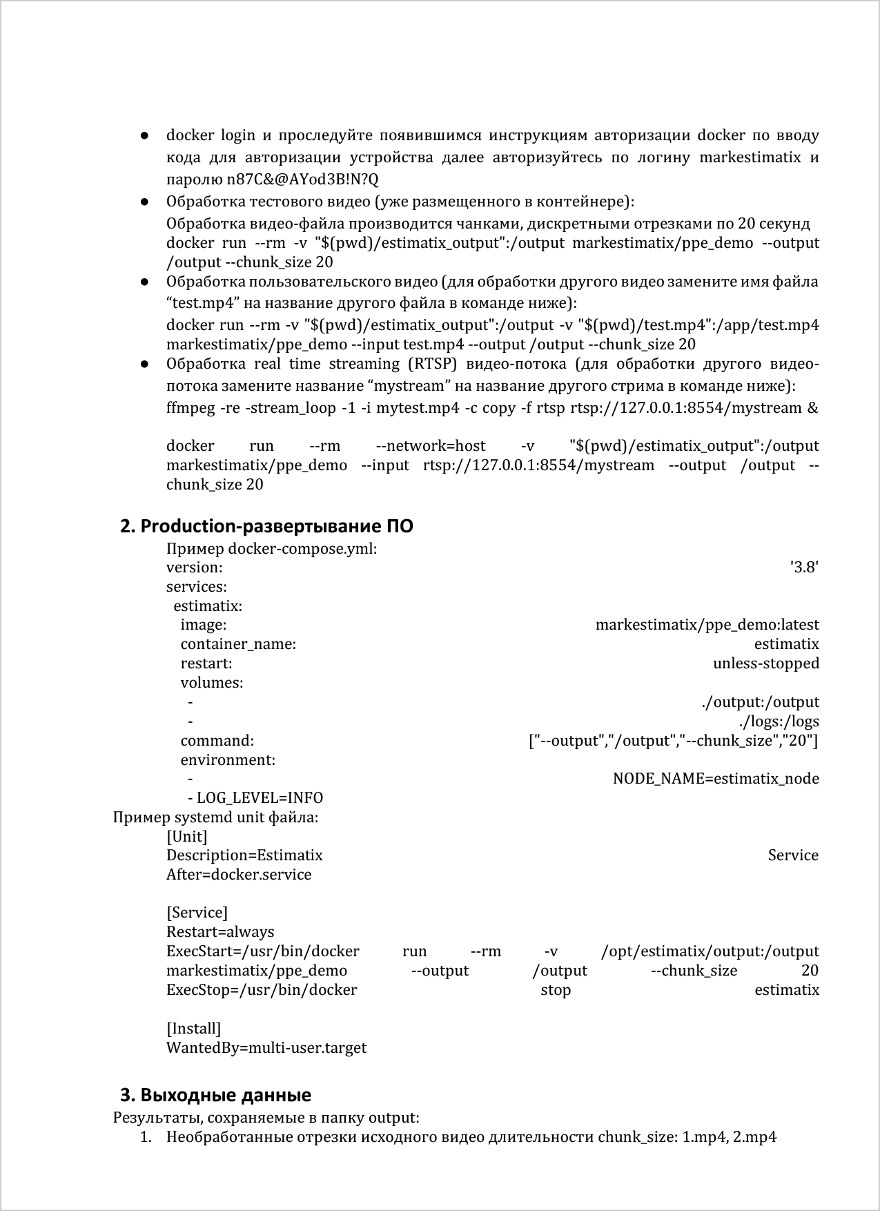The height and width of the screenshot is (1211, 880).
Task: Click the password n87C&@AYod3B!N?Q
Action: (303, 180)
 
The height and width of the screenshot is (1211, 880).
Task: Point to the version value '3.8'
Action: (804, 568)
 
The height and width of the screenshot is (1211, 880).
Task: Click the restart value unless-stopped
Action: (766, 663)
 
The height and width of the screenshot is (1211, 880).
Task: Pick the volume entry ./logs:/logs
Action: (779, 721)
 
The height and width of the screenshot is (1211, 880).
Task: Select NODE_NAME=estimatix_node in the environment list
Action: (716, 779)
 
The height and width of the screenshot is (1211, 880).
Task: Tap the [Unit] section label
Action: (186, 837)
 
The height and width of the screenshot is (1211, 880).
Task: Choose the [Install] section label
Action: (193, 1029)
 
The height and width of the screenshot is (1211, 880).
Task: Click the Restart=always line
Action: (220, 932)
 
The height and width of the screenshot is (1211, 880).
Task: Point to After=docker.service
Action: (239, 875)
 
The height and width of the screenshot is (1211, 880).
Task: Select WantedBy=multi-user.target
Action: (266, 1048)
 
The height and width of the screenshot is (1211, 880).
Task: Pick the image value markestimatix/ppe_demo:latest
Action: (707, 625)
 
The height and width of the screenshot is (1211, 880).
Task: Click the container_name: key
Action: (238, 644)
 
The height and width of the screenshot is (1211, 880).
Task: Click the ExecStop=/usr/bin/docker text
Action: (262, 990)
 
